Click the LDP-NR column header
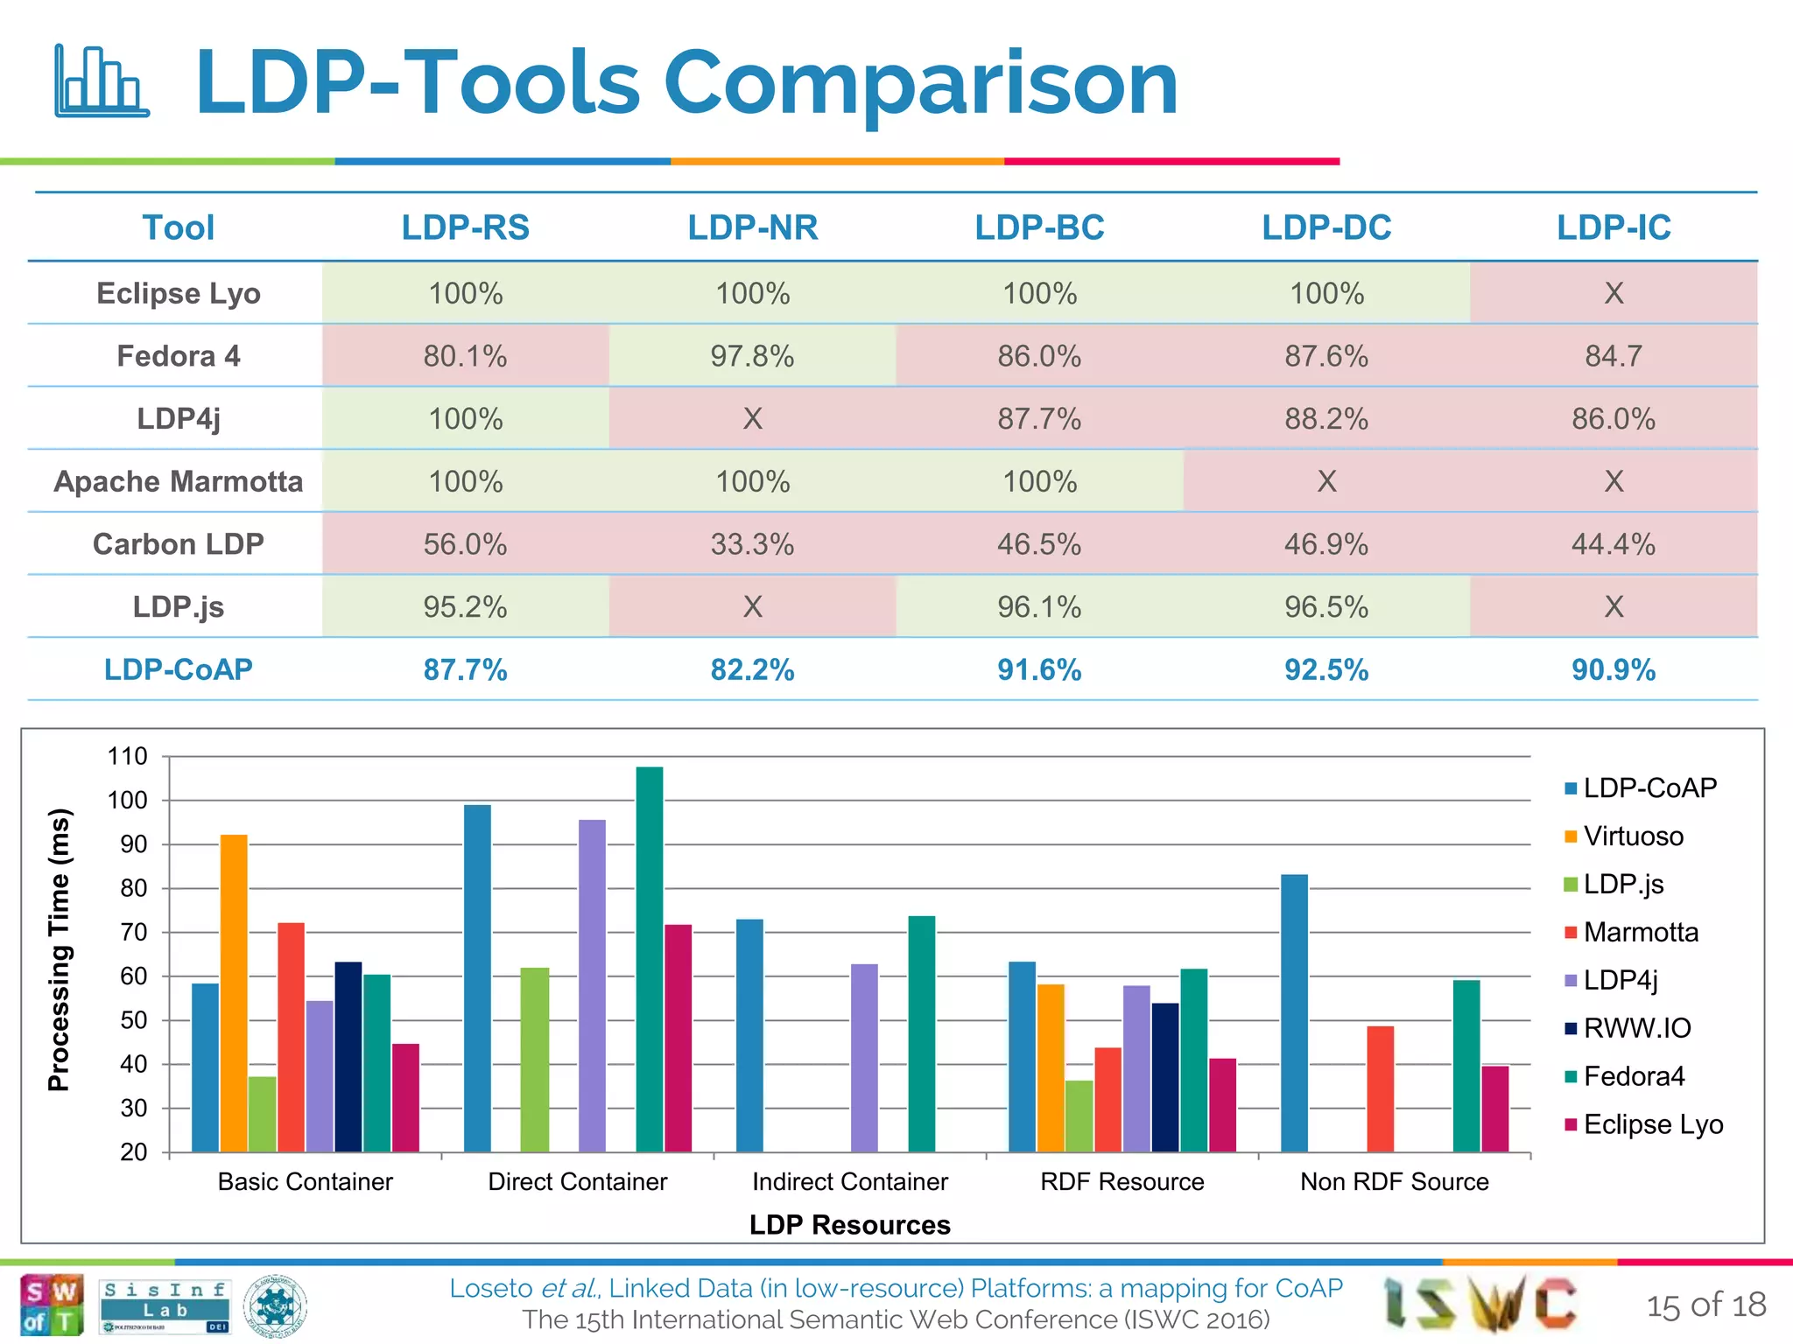[x=752, y=227]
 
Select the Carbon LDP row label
[x=178, y=544]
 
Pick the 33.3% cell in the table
[x=752, y=544]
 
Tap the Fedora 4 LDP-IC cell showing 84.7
[x=1613, y=356]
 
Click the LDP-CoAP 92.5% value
[x=1325, y=670]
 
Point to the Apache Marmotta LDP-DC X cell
[x=1326, y=481]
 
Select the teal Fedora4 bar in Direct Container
[x=650, y=958]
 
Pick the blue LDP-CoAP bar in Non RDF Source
[x=1294, y=1012]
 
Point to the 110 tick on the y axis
[x=128, y=756]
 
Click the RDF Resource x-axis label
[x=1122, y=1182]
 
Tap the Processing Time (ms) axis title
[x=59, y=949]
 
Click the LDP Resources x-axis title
[x=849, y=1225]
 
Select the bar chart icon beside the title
[x=101, y=80]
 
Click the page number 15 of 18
[x=1705, y=1305]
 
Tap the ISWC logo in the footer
[x=1480, y=1304]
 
